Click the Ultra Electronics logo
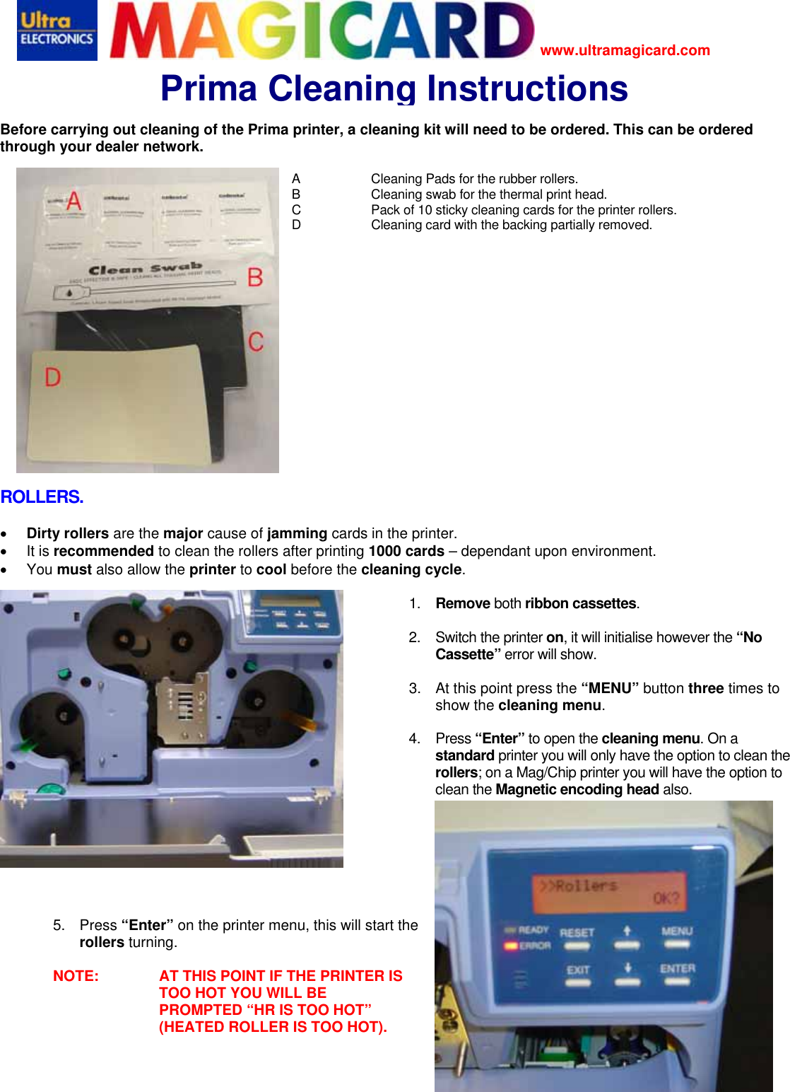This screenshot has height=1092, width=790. click(x=57, y=30)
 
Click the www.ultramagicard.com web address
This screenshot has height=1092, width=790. click(x=625, y=50)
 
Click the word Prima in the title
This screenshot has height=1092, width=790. click(x=208, y=89)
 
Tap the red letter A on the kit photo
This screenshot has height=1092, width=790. click(x=73, y=201)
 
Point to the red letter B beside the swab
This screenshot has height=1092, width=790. click(x=255, y=277)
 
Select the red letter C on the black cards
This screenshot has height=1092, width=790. click(x=256, y=342)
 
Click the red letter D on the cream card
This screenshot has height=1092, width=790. click(x=53, y=378)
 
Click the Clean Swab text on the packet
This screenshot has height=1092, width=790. click(x=145, y=269)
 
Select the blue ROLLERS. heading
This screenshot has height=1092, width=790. click(x=42, y=497)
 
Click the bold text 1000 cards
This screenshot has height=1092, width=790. click(x=406, y=552)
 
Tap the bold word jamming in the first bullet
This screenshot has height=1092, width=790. click(x=297, y=533)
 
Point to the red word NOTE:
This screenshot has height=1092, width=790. click(x=76, y=976)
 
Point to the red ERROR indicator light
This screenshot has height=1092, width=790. click(x=510, y=946)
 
